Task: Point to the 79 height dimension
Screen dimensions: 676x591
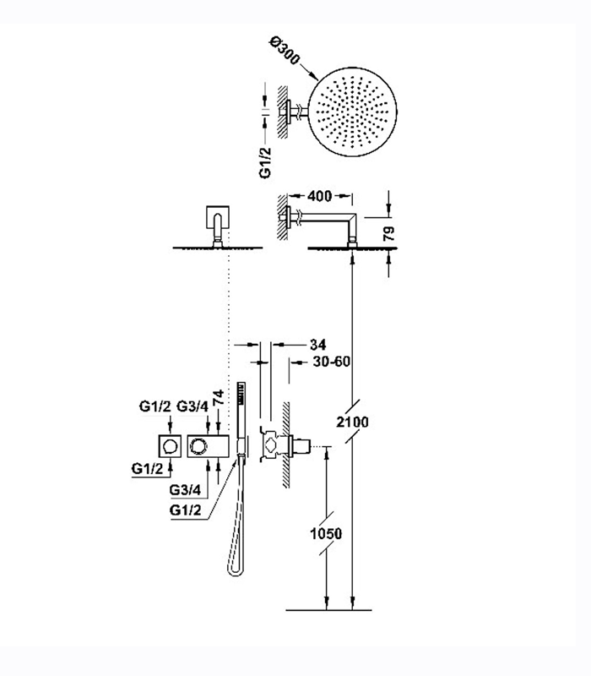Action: [389, 232]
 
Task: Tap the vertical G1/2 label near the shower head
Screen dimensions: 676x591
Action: [264, 161]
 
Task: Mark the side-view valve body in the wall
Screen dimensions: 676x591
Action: [287, 444]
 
